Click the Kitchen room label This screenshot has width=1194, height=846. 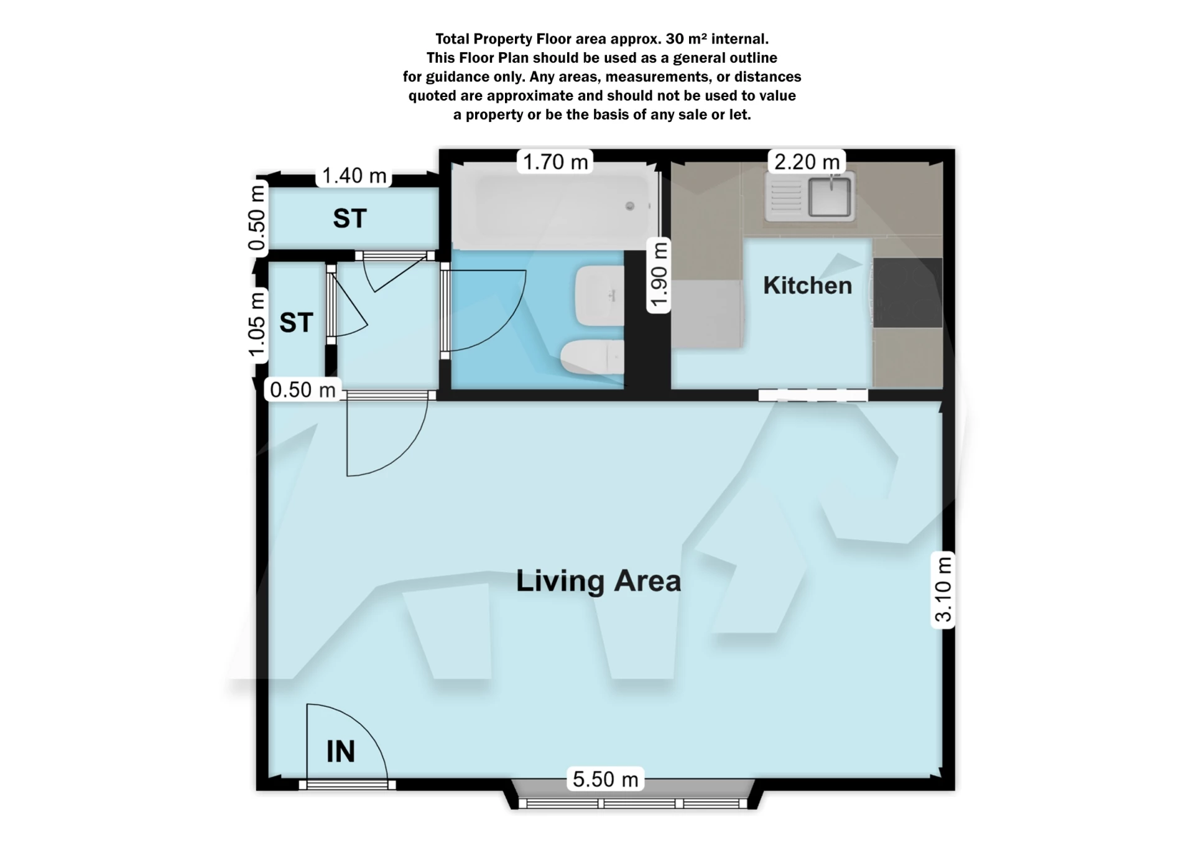coord(807,286)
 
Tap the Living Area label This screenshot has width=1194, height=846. coord(598,581)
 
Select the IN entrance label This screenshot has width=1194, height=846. coord(341,751)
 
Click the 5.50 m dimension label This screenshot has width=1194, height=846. coord(605,779)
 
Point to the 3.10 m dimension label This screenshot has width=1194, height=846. coord(943,589)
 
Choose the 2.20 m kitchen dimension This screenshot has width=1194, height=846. coord(807,162)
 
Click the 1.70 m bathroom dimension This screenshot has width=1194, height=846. coord(555,162)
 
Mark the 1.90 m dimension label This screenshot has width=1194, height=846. coord(659,274)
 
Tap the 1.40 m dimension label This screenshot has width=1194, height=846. coord(354,175)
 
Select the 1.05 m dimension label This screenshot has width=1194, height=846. coord(257,326)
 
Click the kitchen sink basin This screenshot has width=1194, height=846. coord(830,197)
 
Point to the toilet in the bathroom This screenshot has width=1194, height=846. coord(592,358)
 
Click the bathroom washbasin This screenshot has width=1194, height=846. coord(599,295)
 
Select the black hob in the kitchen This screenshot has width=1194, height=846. coord(908,292)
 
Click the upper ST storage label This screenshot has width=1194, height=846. coord(349,218)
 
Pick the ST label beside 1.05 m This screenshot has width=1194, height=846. coord(295,322)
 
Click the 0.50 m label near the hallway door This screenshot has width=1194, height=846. coord(303,390)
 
